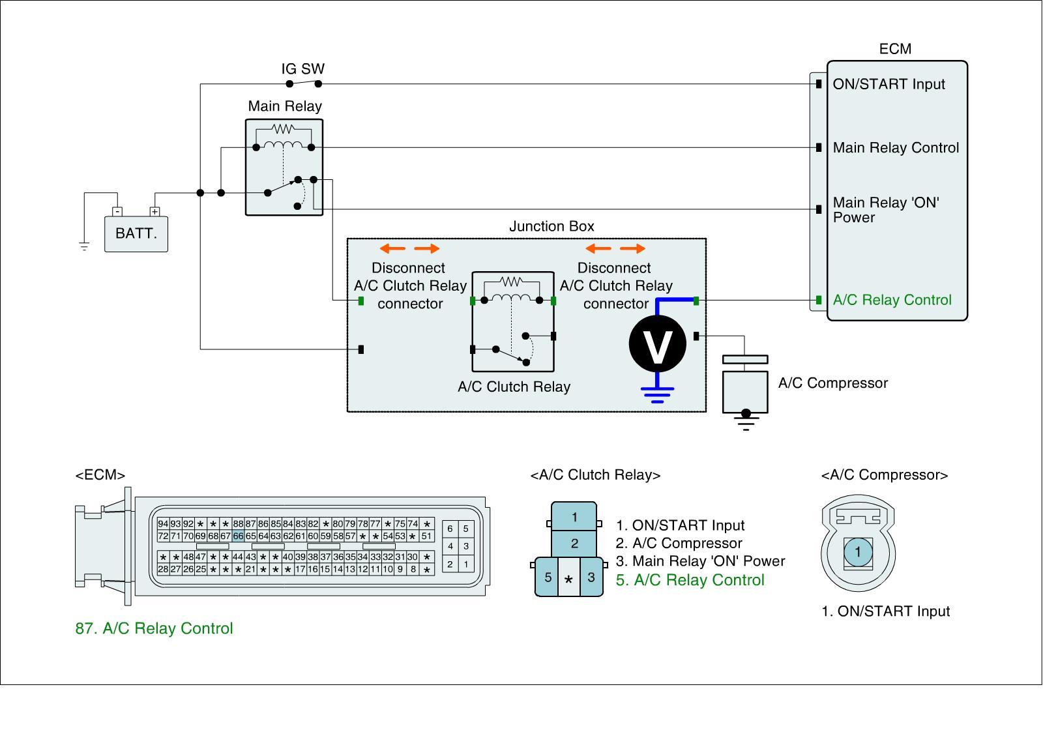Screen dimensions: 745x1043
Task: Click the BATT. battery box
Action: (136, 233)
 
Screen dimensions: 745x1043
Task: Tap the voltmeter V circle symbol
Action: (657, 345)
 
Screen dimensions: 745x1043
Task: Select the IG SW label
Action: (302, 69)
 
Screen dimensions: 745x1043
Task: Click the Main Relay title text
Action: (285, 106)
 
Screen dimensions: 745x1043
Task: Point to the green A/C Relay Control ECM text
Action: (892, 300)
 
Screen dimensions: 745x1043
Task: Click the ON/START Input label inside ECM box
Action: (889, 84)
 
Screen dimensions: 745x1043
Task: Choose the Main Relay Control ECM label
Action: (896, 148)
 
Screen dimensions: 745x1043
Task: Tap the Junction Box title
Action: (551, 226)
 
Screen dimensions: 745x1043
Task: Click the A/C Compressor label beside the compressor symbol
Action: (832, 383)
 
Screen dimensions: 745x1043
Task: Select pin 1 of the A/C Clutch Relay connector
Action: (574, 518)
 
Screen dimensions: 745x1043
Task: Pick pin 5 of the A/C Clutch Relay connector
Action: (548, 577)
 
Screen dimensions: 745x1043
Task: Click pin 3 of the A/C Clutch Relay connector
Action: (591, 577)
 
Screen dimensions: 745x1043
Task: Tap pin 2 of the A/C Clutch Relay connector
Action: (574, 543)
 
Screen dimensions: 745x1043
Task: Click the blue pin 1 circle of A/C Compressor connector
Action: (858, 553)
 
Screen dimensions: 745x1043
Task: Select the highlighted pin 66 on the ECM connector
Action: (238, 536)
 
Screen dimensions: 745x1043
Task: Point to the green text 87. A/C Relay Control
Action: (154, 628)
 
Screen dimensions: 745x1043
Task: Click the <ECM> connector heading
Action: (100, 475)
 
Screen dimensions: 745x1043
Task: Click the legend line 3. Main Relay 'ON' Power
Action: (700, 561)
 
